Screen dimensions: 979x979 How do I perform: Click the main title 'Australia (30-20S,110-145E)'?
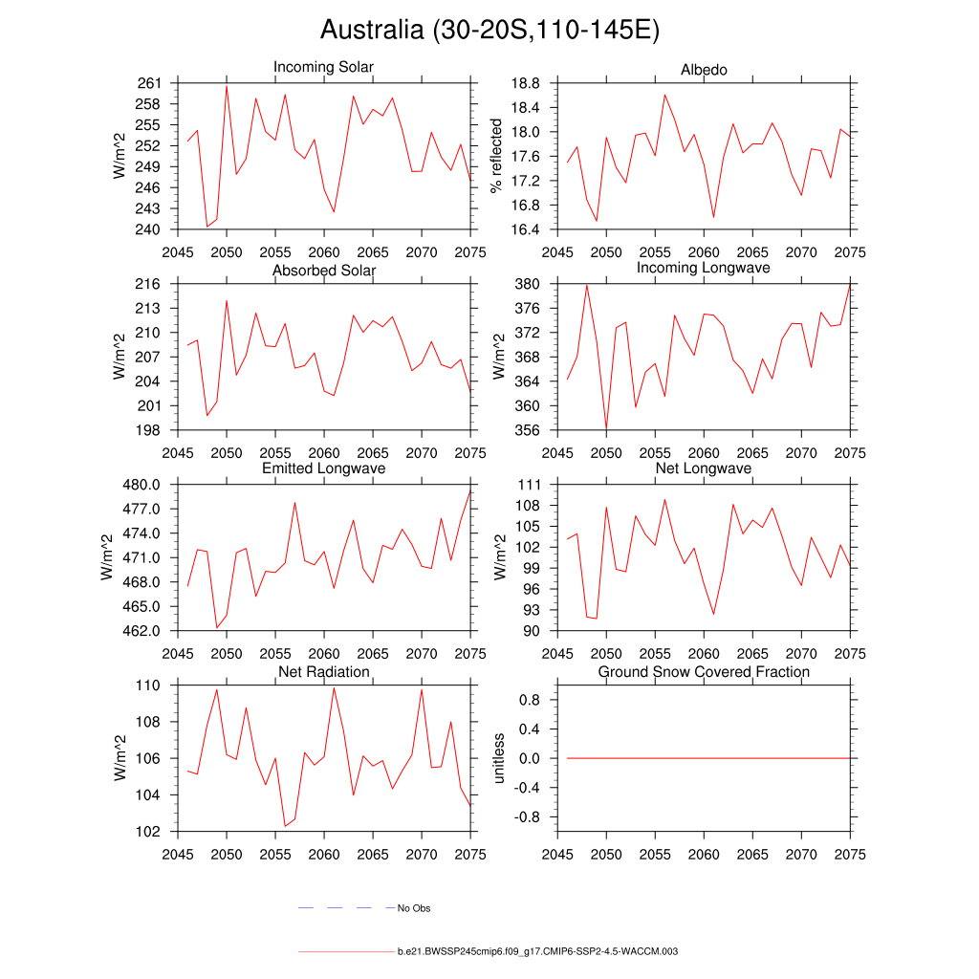click(x=489, y=31)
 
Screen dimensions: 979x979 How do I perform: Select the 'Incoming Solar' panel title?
click(x=323, y=68)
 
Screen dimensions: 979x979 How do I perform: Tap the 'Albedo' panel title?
click(x=704, y=71)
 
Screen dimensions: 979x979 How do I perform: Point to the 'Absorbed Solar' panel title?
click(x=323, y=271)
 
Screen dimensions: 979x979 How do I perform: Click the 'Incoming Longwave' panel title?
click(x=704, y=268)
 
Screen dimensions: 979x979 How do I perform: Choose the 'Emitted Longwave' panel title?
click(x=323, y=468)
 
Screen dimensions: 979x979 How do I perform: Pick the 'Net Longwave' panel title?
click(x=704, y=468)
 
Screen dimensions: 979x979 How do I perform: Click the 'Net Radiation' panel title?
click(x=323, y=672)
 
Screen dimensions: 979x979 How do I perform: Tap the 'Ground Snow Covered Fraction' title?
click(x=704, y=672)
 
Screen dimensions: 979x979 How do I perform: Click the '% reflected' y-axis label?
click(x=496, y=156)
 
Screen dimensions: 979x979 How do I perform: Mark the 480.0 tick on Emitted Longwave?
click(x=142, y=485)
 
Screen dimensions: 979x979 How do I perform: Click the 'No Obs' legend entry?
click(x=414, y=908)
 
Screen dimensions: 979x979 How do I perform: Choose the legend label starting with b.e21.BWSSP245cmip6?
click(x=537, y=952)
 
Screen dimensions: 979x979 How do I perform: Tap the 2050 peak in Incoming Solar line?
click(x=227, y=86)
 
